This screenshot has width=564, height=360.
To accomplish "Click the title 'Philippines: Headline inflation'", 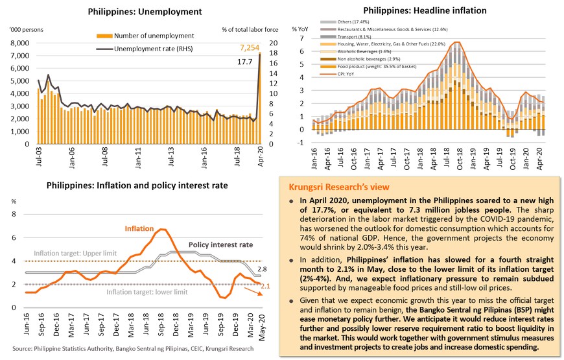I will point(425,10).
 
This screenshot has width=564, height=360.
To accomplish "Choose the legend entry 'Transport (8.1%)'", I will point(349,37).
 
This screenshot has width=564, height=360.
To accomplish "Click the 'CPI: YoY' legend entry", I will point(344,73).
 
